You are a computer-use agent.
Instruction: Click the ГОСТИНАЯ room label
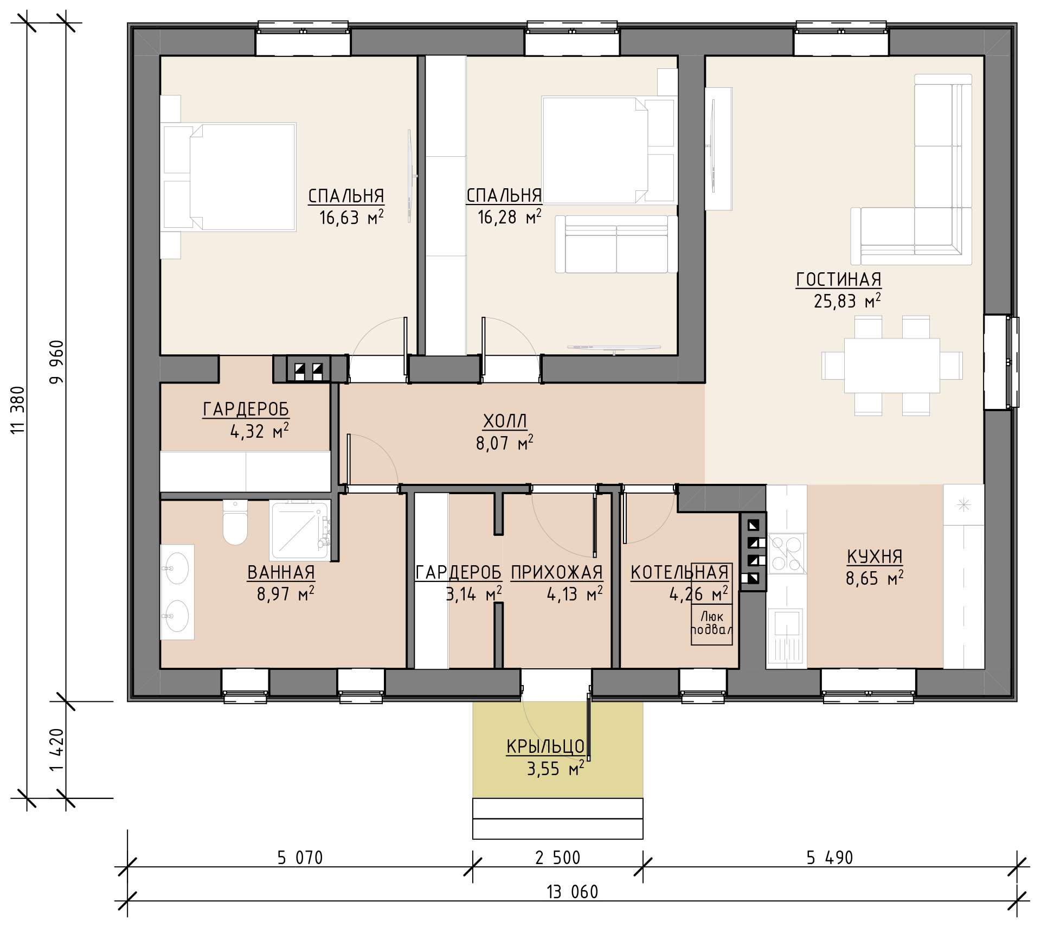coord(838,279)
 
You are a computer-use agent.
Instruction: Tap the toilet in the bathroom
coord(235,522)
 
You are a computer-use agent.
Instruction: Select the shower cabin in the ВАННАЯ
coord(300,530)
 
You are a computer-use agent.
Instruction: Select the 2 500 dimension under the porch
coord(557,858)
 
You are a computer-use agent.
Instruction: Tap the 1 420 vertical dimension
coord(57,749)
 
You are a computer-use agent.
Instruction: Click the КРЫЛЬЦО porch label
coord(545,747)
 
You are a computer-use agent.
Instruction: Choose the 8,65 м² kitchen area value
coord(875,578)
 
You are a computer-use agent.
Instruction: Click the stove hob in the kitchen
coord(786,553)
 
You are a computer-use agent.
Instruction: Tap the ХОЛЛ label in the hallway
coord(505,421)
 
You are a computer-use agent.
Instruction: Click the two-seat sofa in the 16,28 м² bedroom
coord(616,244)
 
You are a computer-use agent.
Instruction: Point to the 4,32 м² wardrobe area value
coord(259,431)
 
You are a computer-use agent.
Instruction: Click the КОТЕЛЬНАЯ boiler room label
coord(679,572)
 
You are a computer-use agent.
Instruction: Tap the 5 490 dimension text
coord(830,858)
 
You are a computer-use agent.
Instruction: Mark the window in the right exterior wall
coord(1002,362)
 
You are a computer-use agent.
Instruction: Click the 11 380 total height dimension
coord(18,410)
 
